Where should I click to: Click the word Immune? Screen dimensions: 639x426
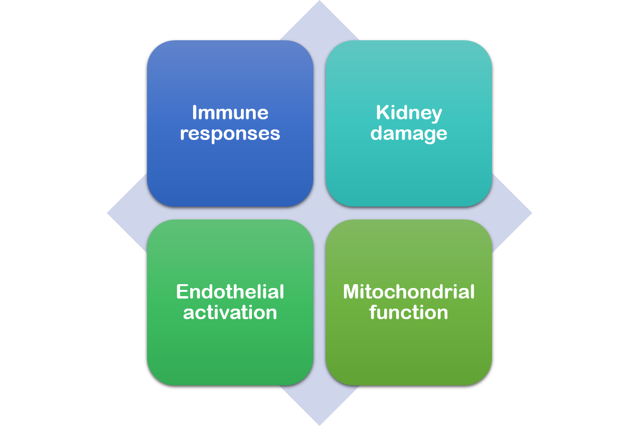230,113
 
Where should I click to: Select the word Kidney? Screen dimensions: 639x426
409,113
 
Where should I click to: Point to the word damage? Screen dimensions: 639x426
409,134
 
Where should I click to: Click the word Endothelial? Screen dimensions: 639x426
230,292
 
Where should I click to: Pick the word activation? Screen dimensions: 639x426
230,312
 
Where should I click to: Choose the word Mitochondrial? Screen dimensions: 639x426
409,292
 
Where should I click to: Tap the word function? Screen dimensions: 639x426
409,312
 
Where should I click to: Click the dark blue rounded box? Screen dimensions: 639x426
230,123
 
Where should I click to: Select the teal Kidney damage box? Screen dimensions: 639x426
409,123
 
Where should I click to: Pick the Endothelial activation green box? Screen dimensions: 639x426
230,302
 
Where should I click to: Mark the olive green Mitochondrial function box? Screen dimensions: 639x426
409,302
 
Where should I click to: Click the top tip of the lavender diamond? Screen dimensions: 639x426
319,1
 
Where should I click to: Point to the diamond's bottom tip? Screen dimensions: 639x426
319,425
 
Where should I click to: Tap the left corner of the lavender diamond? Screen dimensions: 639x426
108,213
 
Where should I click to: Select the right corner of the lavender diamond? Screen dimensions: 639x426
532,213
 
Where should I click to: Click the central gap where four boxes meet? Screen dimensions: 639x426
319,213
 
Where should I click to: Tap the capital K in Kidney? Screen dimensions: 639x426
383,112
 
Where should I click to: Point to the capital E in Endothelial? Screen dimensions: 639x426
182,292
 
